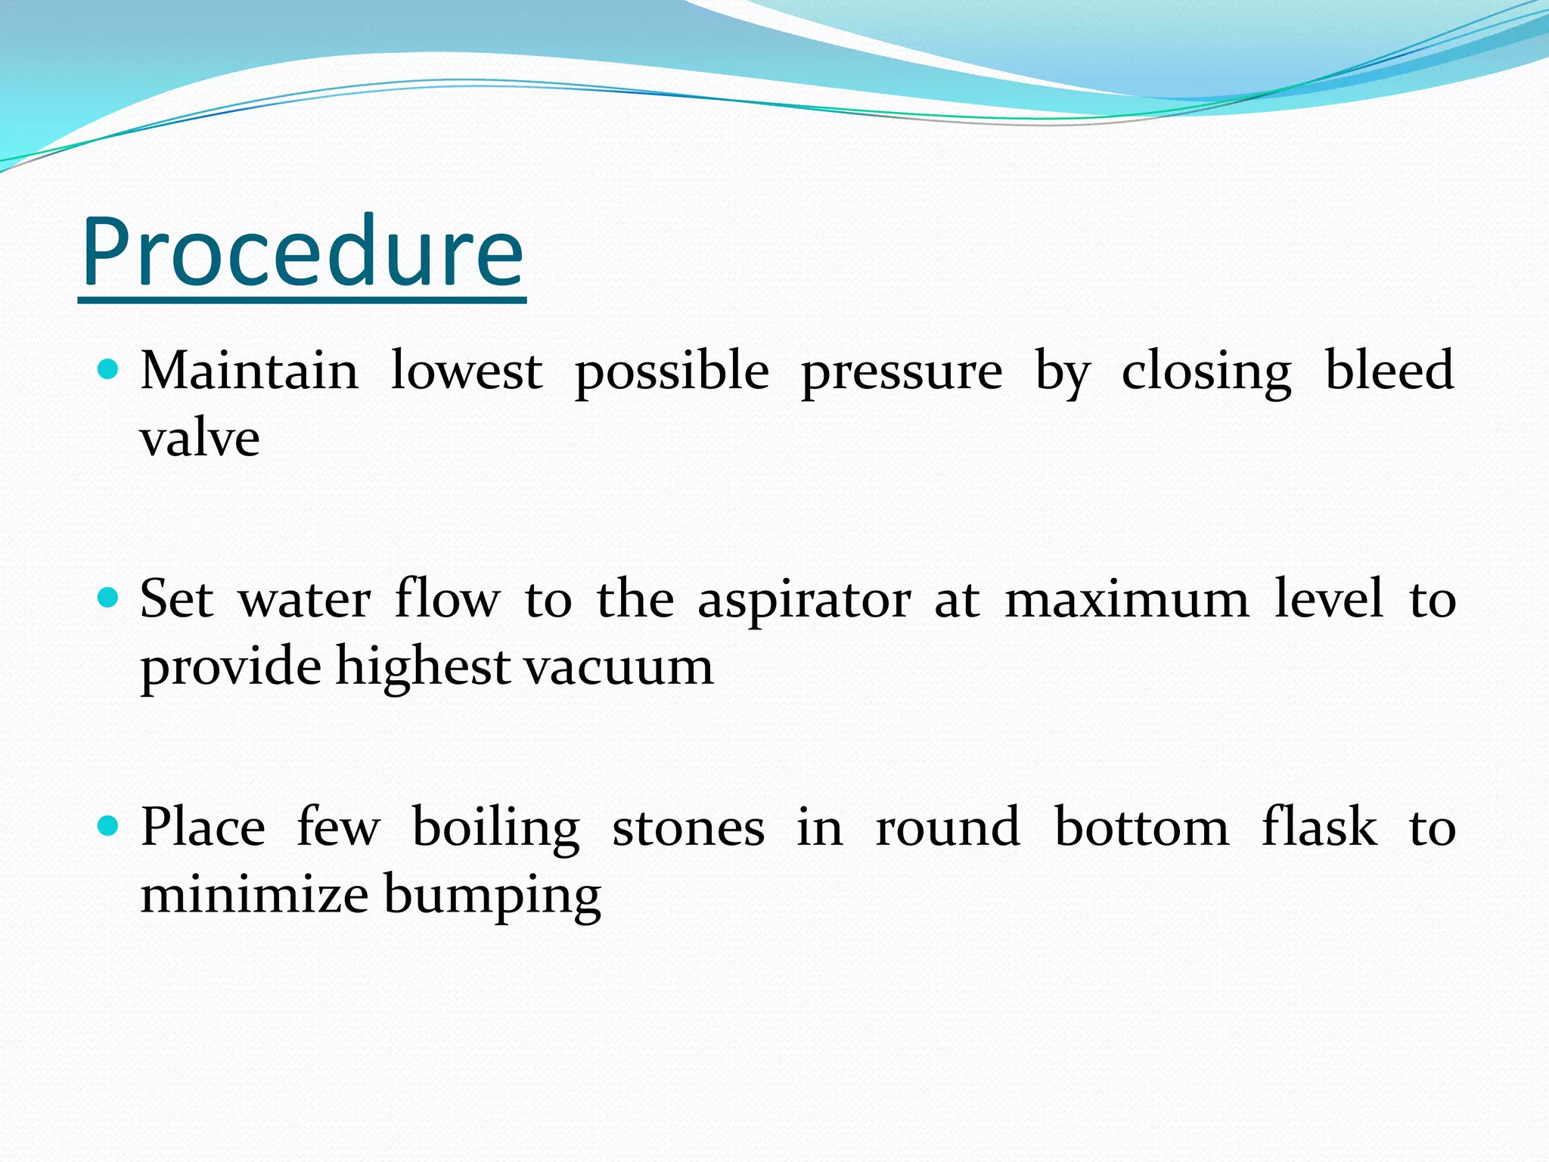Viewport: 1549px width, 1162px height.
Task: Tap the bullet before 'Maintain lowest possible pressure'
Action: tap(109, 370)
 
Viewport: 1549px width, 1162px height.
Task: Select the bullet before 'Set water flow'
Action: tap(109, 598)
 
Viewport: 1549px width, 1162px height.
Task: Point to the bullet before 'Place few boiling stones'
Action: tap(109, 826)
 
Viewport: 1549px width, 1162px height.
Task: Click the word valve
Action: tap(200, 438)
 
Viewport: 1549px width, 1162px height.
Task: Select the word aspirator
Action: tap(804, 601)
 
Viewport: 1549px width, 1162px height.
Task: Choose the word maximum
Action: tap(1127, 600)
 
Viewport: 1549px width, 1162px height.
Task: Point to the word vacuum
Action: tap(619, 668)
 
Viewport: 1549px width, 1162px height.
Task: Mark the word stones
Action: tap(688, 828)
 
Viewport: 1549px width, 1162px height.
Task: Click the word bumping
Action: tap(492, 896)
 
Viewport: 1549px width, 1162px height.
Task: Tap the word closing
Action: tap(1206, 372)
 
